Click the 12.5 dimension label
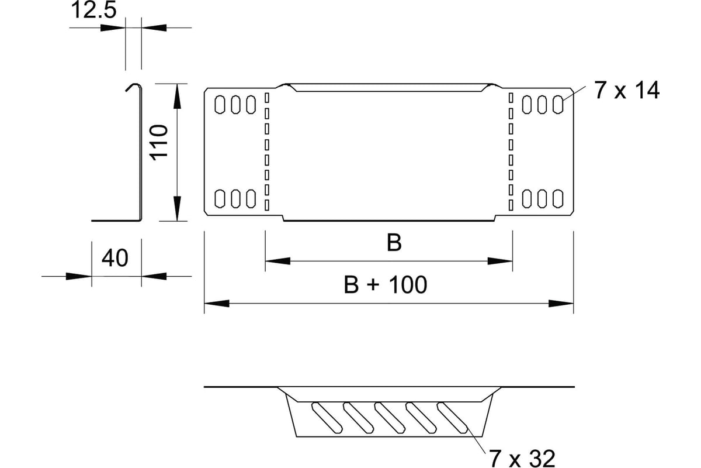[94, 10]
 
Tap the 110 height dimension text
[159, 143]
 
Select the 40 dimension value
[115, 258]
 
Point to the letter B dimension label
[394, 243]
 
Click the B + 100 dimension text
[385, 285]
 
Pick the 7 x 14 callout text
[627, 90]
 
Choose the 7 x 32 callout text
[522, 459]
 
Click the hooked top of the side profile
[134, 86]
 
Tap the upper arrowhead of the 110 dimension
[177, 97]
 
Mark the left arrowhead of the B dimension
[277, 261]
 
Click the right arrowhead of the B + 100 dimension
[561, 304]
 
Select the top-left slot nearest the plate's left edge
[220, 105]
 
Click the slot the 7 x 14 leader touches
[558, 105]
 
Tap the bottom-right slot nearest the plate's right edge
[558, 199]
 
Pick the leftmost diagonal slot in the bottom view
[327, 418]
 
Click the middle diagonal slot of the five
[390, 418]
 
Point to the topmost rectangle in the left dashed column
[267, 98]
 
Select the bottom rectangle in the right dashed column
[511, 205]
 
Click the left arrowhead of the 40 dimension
[78, 277]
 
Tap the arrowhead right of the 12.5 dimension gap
[154, 27]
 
